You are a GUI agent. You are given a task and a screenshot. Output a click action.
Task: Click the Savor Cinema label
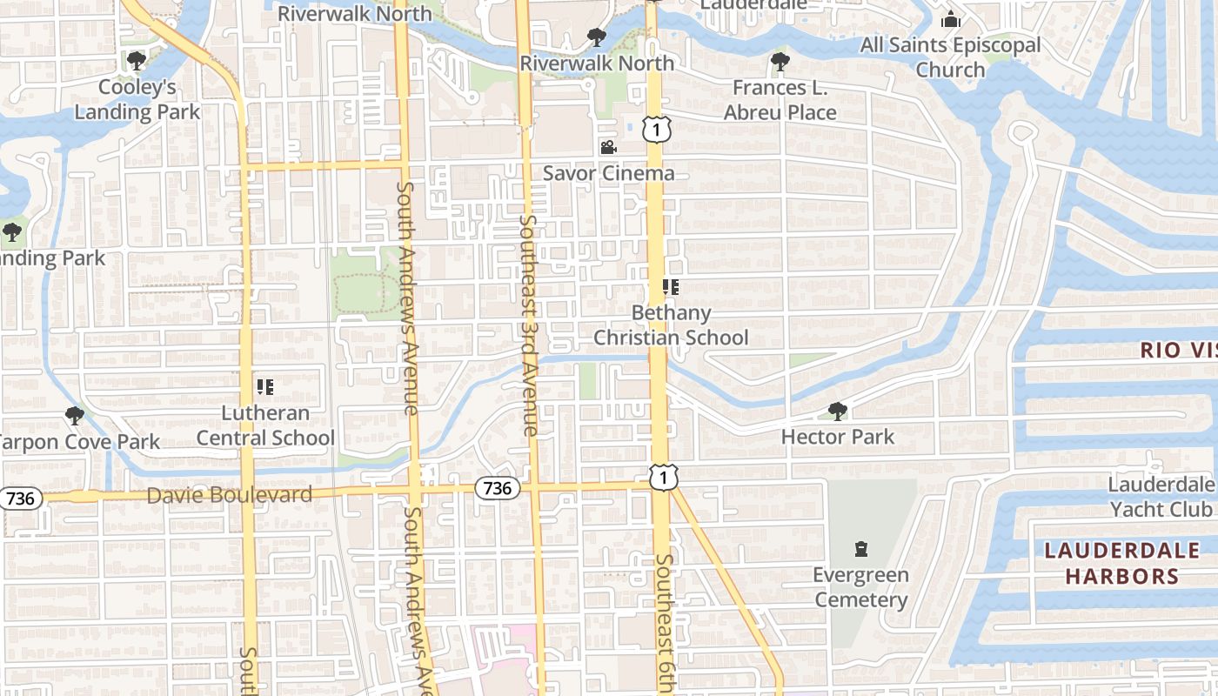coord(608,173)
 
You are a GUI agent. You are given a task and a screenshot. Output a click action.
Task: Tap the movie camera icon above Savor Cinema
coord(608,147)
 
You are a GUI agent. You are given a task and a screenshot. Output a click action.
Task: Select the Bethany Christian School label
coord(671,325)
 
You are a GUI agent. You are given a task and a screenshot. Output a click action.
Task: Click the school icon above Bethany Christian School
coord(670,286)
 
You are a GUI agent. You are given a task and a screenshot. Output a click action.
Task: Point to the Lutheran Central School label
coord(265,425)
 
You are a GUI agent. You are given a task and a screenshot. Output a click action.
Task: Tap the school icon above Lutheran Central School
coord(265,386)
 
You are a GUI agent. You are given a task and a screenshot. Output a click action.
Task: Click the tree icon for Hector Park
coord(838,411)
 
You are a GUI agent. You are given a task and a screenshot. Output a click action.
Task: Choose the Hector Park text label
coord(838,437)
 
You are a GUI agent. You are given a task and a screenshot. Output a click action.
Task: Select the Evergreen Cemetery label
coord(861,587)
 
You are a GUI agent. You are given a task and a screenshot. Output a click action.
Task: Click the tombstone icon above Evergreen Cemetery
coord(861,549)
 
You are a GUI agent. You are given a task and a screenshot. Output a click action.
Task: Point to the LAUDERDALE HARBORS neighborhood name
coord(1121,563)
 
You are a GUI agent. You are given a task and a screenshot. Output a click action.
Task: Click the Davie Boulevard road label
coord(230,495)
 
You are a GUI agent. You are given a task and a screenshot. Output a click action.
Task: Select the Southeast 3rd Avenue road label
coord(528,325)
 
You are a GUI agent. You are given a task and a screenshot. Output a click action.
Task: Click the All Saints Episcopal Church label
coord(950,57)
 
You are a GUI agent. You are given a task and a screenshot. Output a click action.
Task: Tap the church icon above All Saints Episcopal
coord(951,19)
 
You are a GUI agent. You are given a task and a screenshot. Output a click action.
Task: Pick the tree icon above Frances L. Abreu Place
coord(780,62)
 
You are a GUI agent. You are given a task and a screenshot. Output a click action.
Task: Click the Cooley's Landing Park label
coord(137,99)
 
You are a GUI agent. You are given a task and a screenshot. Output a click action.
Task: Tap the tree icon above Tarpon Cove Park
coord(75,416)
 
